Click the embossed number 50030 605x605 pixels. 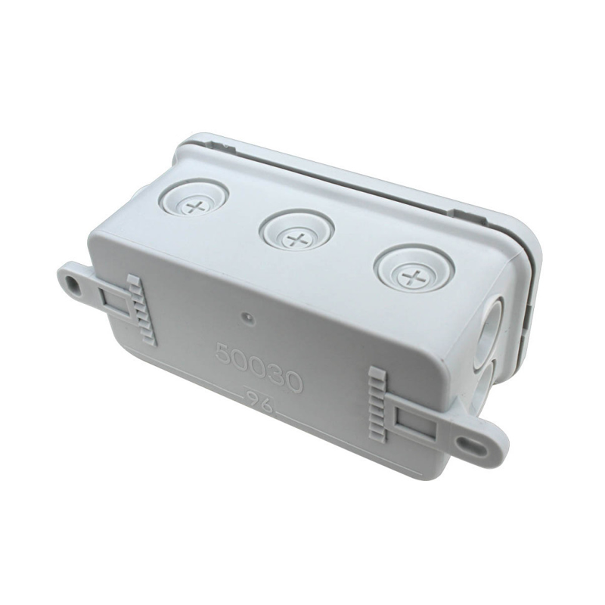point(259,367)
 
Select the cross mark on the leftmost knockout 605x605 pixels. point(197,206)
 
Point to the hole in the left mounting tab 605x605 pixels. point(74,285)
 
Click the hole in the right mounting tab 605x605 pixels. point(479,446)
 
